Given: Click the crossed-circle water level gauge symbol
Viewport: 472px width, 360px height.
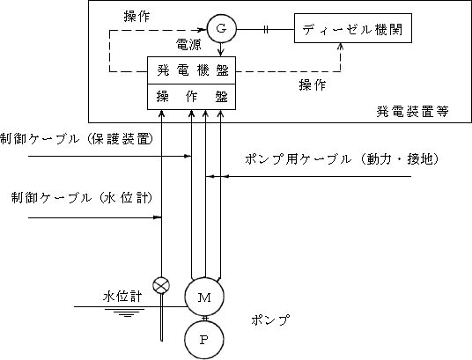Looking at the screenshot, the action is click(161, 285).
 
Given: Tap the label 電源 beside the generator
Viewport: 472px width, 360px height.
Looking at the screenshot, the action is click(188, 45).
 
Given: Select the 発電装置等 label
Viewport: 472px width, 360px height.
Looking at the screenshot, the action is click(412, 112).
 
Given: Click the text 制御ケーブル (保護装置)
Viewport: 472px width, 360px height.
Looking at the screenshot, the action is click(77, 139).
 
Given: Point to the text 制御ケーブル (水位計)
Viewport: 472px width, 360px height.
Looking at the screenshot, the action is click(82, 198).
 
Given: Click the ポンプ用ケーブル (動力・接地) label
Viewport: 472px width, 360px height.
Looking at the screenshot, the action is click(342, 159).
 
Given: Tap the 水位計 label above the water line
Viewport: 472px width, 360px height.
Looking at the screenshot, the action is click(122, 297).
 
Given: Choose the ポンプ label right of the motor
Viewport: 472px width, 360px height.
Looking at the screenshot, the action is click(270, 320).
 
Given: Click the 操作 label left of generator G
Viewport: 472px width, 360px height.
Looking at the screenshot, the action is click(136, 17).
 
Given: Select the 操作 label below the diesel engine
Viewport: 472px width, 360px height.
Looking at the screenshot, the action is click(313, 85).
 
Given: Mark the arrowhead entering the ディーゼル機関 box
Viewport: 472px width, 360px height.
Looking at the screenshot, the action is click(341, 46).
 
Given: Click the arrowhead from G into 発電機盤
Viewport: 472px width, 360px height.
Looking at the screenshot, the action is click(221, 53).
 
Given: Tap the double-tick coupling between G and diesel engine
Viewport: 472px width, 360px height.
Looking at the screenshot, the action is click(266, 30).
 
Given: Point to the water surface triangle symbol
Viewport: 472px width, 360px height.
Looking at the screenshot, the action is click(127, 312).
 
